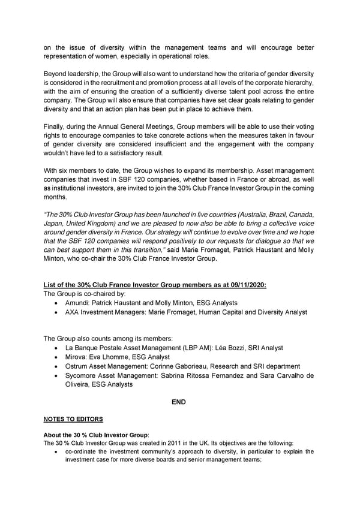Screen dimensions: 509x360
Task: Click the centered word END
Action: pos(178,402)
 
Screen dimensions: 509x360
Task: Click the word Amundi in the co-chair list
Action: pos(77,303)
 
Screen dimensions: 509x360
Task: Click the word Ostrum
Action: pos(77,366)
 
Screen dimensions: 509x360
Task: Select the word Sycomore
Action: pos(82,375)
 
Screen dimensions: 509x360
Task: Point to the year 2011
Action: pos(157,442)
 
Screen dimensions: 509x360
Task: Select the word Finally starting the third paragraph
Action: pos(57,128)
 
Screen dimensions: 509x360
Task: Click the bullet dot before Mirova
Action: pos(56,357)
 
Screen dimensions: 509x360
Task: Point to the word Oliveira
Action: pos(78,384)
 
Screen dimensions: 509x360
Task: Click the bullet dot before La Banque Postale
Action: pos(56,348)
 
